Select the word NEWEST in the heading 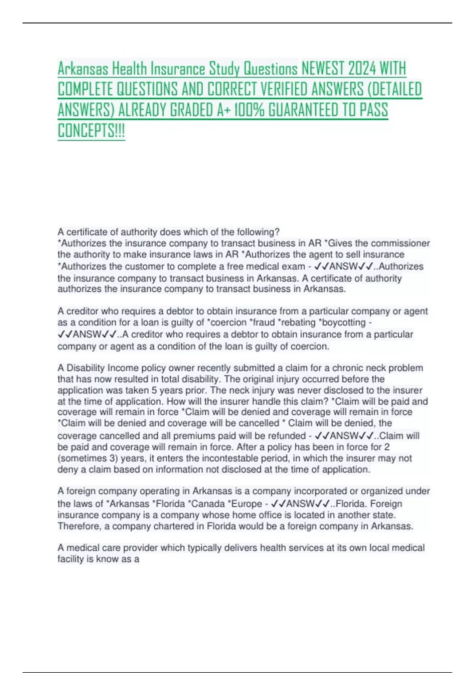323,69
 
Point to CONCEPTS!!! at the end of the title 91,131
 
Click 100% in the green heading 249,110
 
